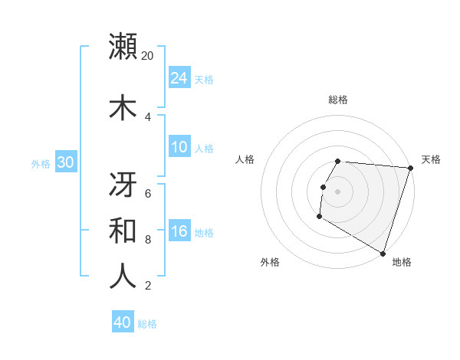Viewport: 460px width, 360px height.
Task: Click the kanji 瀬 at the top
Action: click(x=123, y=46)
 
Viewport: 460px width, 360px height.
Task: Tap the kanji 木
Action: click(x=123, y=106)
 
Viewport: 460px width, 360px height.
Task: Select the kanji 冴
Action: click(x=123, y=183)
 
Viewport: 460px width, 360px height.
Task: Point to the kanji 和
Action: click(x=123, y=230)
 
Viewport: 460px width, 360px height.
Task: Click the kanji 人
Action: click(x=123, y=276)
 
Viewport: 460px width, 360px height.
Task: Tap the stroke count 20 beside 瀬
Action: click(x=148, y=56)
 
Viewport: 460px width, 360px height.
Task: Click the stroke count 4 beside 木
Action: click(x=148, y=116)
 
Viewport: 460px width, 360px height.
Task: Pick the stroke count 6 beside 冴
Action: click(x=148, y=194)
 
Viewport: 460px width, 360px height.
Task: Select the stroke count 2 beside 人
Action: click(x=148, y=286)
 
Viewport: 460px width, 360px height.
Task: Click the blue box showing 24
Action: click(x=179, y=77)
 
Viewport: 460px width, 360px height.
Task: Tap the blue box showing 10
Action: click(x=179, y=147)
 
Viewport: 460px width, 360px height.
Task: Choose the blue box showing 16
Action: click(x=179, y=231)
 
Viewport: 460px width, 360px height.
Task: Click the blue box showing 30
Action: click(x=65, y=162)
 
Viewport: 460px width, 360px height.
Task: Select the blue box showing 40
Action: click(x=123, y=322)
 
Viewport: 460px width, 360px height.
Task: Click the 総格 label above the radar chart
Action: click(x=338, y=100)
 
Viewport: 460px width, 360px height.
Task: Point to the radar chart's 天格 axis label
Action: click(x=431, y=159)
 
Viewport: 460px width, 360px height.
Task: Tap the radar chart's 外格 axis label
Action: click(x=270, y=262)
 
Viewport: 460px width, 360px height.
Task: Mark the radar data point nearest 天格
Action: click(x=410, y=168)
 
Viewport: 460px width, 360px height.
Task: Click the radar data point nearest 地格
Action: click(x=383, y=253)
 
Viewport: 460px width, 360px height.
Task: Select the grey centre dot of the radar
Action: click(x=338, y=191)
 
